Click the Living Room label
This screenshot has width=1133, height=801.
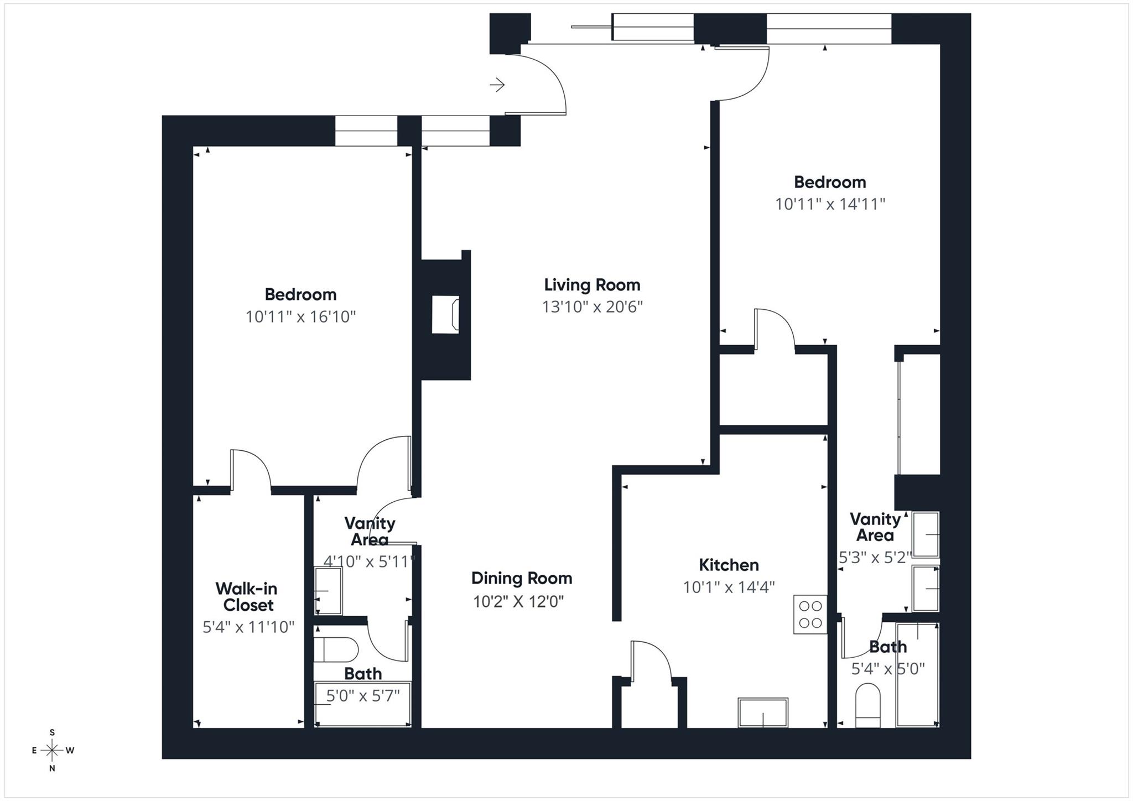tap(592, 285)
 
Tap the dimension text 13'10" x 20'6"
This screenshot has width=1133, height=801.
tap(592, 306)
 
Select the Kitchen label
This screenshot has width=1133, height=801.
tap(729, 565)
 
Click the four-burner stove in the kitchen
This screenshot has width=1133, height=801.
tap(810, 614)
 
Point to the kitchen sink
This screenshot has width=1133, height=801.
tap(763, 712)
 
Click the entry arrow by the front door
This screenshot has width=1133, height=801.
tap(497, 85)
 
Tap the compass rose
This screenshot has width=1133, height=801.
tap(52, 751)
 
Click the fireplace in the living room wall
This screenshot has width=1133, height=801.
tap(445, 314)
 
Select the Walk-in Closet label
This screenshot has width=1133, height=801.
tap(247, 596)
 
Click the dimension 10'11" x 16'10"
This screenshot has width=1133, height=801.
tap(300, 317)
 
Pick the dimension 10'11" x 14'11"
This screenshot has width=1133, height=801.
tap(830, 204)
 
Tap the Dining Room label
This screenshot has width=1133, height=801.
tap(521, 578)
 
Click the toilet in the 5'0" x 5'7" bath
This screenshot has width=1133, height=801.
tap(335, 649)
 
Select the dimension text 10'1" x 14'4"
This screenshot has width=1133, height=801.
tap(729, 587)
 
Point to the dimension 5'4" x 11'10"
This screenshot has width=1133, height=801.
tap(248, 627)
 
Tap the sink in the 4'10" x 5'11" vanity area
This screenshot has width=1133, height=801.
tap(328, 590)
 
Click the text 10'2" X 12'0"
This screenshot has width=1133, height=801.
tap(518, 601)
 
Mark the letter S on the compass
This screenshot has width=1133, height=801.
tap(52, 732)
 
